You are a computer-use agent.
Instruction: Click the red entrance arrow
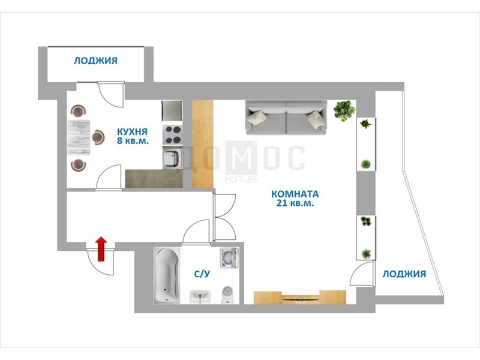pos(101,249)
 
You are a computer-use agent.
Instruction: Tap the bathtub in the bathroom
pos(167,275)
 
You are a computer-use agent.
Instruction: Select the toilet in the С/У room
pos(227,295)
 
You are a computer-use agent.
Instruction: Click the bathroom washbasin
pos(200,296)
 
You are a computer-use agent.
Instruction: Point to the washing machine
pos(229,257)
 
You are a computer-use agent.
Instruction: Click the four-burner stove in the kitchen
pos(172,134)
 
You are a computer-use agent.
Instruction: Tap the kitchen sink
pos(172,158)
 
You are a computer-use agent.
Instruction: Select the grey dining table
pos(79,137)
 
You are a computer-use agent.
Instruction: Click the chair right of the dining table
pos(98,137)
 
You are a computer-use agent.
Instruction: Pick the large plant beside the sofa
pos(344,110)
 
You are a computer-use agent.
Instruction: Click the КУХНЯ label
pos(132,131)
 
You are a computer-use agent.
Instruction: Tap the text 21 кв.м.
pos(295,203)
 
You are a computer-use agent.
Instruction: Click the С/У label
pos(202,274)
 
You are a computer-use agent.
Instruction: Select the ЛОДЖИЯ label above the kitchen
pos(95,61)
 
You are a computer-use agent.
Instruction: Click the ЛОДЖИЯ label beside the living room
pos(404,274)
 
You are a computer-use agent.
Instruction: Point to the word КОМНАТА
pos(295,194)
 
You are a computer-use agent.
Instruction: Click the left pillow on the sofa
pos(257,118)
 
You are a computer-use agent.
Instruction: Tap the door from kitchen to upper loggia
pos(111,94)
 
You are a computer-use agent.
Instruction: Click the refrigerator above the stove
pos(172,110)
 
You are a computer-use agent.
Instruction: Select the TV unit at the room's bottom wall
pos(300,297)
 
